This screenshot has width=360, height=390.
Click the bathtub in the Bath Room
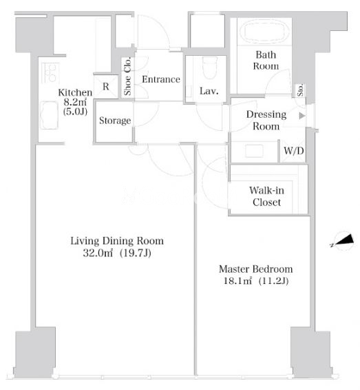[265, 32]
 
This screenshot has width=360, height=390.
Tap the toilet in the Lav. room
[209, 68]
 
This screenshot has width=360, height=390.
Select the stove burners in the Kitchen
[50, 73]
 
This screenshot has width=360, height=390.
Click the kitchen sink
[49, 115]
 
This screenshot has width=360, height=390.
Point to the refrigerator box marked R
[106, 86]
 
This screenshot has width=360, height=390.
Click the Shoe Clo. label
[127, 76]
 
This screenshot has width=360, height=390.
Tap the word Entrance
[161, 79]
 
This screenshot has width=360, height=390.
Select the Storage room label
[115, 121]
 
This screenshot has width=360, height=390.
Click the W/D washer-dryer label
[293, 150]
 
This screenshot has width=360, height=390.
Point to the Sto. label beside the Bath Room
[300, 90]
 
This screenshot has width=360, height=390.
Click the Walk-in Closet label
[266, 196]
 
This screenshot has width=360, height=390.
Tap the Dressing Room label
[266, 121]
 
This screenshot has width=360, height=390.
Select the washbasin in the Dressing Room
[254, 151]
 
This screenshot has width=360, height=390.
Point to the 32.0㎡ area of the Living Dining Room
[98, 253]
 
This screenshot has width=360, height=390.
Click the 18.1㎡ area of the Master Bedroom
[237, 281]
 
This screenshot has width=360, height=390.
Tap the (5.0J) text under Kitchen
[75, 111]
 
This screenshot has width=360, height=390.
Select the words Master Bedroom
[255, 269]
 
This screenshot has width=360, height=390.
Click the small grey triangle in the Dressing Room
[302, 116]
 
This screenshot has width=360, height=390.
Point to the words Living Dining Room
[117, 241]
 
